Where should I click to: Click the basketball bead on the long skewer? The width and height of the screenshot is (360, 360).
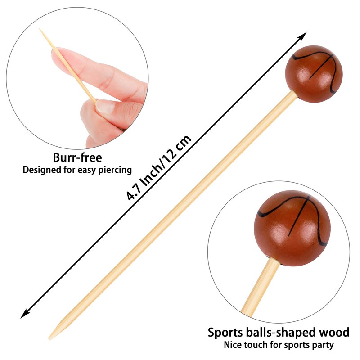[x=314, y=74]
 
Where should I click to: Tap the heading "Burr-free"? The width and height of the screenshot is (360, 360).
[x=77, y=158]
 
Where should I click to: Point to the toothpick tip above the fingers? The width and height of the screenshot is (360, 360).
[x=40, y=31]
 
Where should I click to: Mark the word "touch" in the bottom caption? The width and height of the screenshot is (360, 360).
[x=256, y=345]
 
